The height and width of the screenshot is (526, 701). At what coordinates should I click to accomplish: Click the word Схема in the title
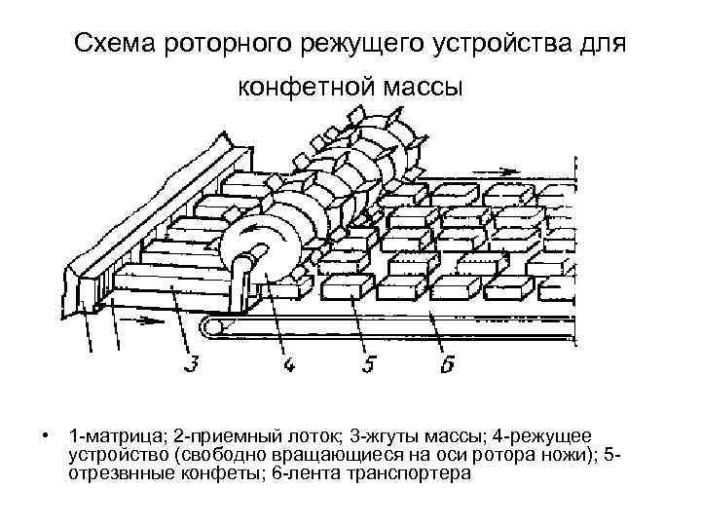pyautogui.click(x=117, y=44)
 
